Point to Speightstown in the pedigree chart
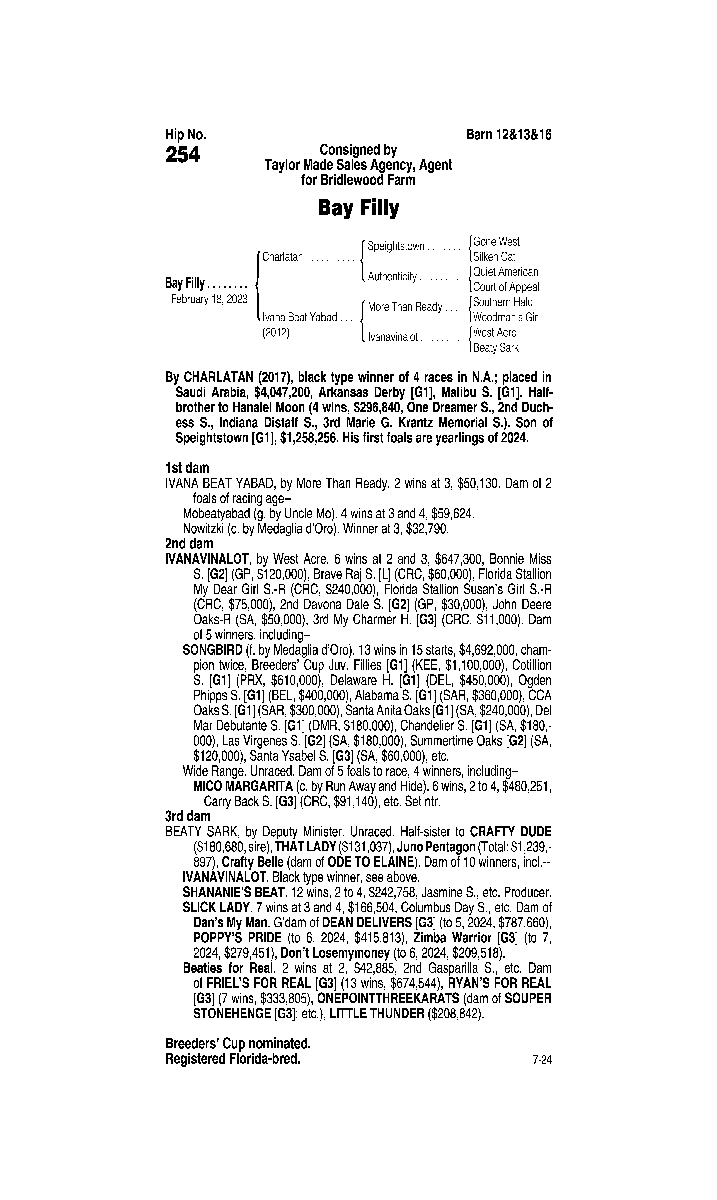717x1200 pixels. pos(396,247)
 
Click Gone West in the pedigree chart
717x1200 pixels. pos(496,242)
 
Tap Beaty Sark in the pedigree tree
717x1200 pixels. pos(496,348)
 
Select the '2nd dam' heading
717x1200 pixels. pos(189,544)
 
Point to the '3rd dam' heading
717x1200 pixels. pos(188,817)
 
